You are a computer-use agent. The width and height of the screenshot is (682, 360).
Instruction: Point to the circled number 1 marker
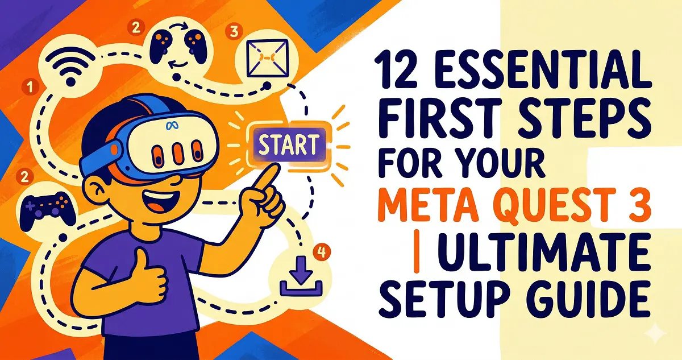(x=26, y=87)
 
